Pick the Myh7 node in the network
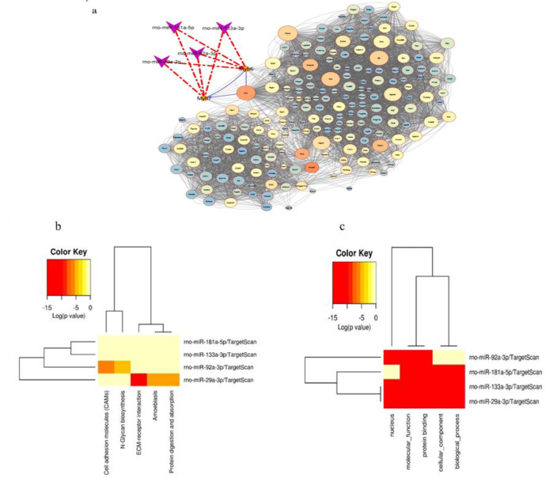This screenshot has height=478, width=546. coord(204,97)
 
